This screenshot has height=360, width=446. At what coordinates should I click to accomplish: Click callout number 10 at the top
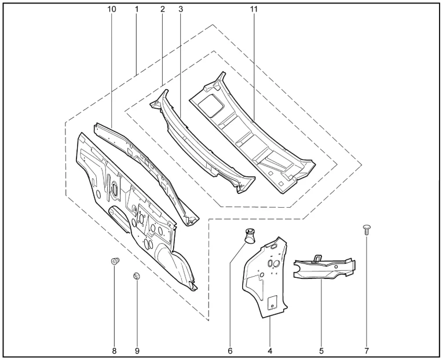tap(112, 10)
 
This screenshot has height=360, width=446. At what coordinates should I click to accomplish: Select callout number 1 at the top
tap(136, 10)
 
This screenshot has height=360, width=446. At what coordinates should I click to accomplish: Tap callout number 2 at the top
tap(162, 10)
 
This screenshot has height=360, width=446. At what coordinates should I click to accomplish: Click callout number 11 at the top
tap(254, 10)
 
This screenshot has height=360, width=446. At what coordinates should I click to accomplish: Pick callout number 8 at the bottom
tap(114, 350)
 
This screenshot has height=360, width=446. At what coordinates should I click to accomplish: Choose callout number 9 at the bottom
tap(137, 350)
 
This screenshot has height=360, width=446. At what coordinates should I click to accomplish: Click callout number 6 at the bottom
tap(230, 350)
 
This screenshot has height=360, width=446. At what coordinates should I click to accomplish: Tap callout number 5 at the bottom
tap(321, 350)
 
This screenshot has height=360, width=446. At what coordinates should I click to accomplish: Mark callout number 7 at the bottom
tap(367, 350)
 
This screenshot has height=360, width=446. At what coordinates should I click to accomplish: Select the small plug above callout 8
tap(114, 262)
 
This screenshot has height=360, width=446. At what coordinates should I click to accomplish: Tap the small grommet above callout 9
tap(137, 276)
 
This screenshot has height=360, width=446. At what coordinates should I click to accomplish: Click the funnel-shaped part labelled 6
tap(249, 236)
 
